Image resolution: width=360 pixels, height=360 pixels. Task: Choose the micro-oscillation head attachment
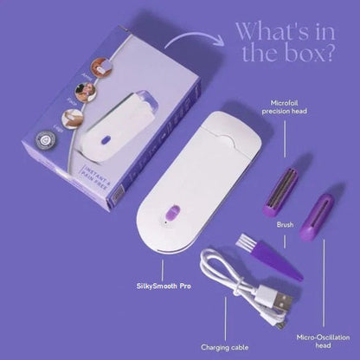pyautogui.click(x=317, y=216)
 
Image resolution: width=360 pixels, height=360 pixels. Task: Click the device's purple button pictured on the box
pyautogui.click(x=108, y=136)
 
